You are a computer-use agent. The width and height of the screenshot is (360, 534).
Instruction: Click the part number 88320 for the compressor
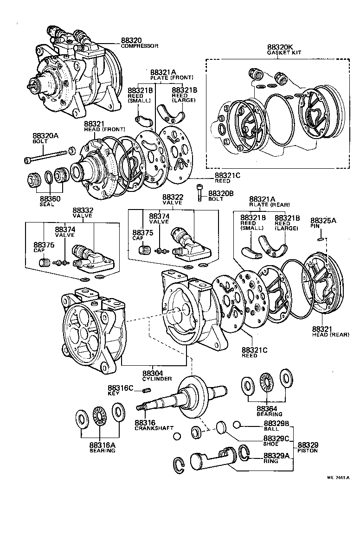pyautogui.click(x=131, y=40)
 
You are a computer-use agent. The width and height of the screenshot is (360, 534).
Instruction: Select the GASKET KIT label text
pyautogui.click(x=284, y=53)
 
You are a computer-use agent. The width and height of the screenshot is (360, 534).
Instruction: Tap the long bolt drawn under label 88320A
pyautogui.click(x=46, y=155)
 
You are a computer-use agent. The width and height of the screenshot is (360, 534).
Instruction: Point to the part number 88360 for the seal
pyautogui.click(x=50, y=198)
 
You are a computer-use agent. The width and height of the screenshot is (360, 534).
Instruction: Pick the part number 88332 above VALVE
pyautogui.click(x=82, y=210)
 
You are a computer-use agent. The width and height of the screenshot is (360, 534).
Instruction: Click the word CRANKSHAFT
pyautogui.click(x=151, y=429)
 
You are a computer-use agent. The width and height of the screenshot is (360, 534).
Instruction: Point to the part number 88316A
pyautogui.click(x=102, y=445)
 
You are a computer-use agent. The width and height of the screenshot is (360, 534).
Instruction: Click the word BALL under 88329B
pyautogui.click(x=270, y=429)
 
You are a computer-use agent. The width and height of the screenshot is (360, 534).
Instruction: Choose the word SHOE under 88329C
pyautogui.click(x=271, y=444)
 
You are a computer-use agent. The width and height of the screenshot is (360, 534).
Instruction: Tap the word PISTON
pyautogui.click(x=308, y=451)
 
